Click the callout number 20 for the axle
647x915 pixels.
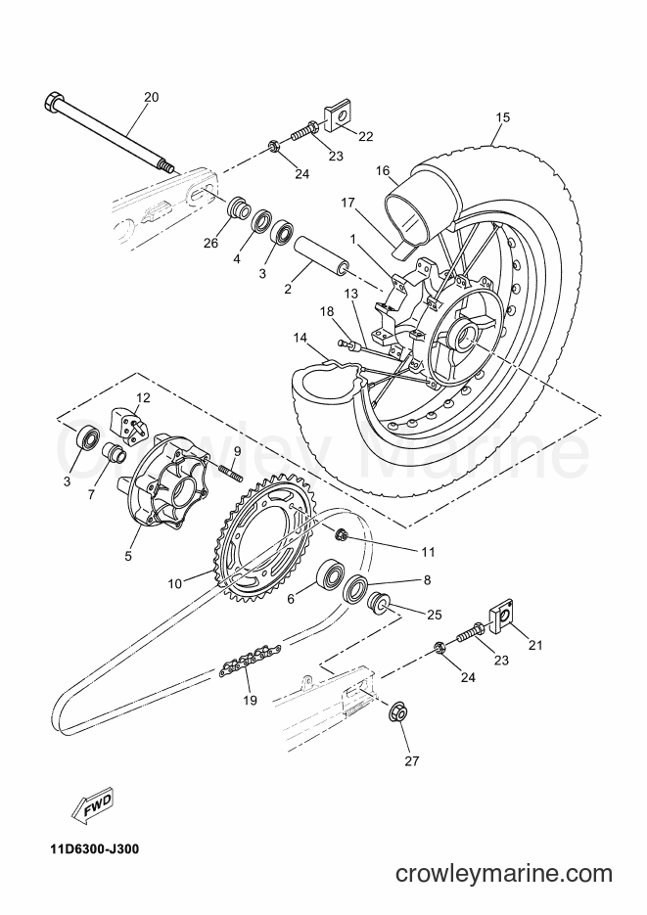(151, 98)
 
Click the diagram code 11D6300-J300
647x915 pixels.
(90, 849)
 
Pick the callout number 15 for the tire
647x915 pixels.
(502, 117)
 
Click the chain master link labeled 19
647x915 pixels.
(250, 659)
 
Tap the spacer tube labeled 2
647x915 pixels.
(323, 255)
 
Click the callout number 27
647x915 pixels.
(412, 761)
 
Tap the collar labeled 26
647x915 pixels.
(237, 208)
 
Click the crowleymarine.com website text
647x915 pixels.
(503, 874)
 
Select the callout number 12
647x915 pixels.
(144, 398)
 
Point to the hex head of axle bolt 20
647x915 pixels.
(54, 101)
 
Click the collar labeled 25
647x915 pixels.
(376, 604)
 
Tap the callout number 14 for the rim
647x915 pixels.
(300, 338)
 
